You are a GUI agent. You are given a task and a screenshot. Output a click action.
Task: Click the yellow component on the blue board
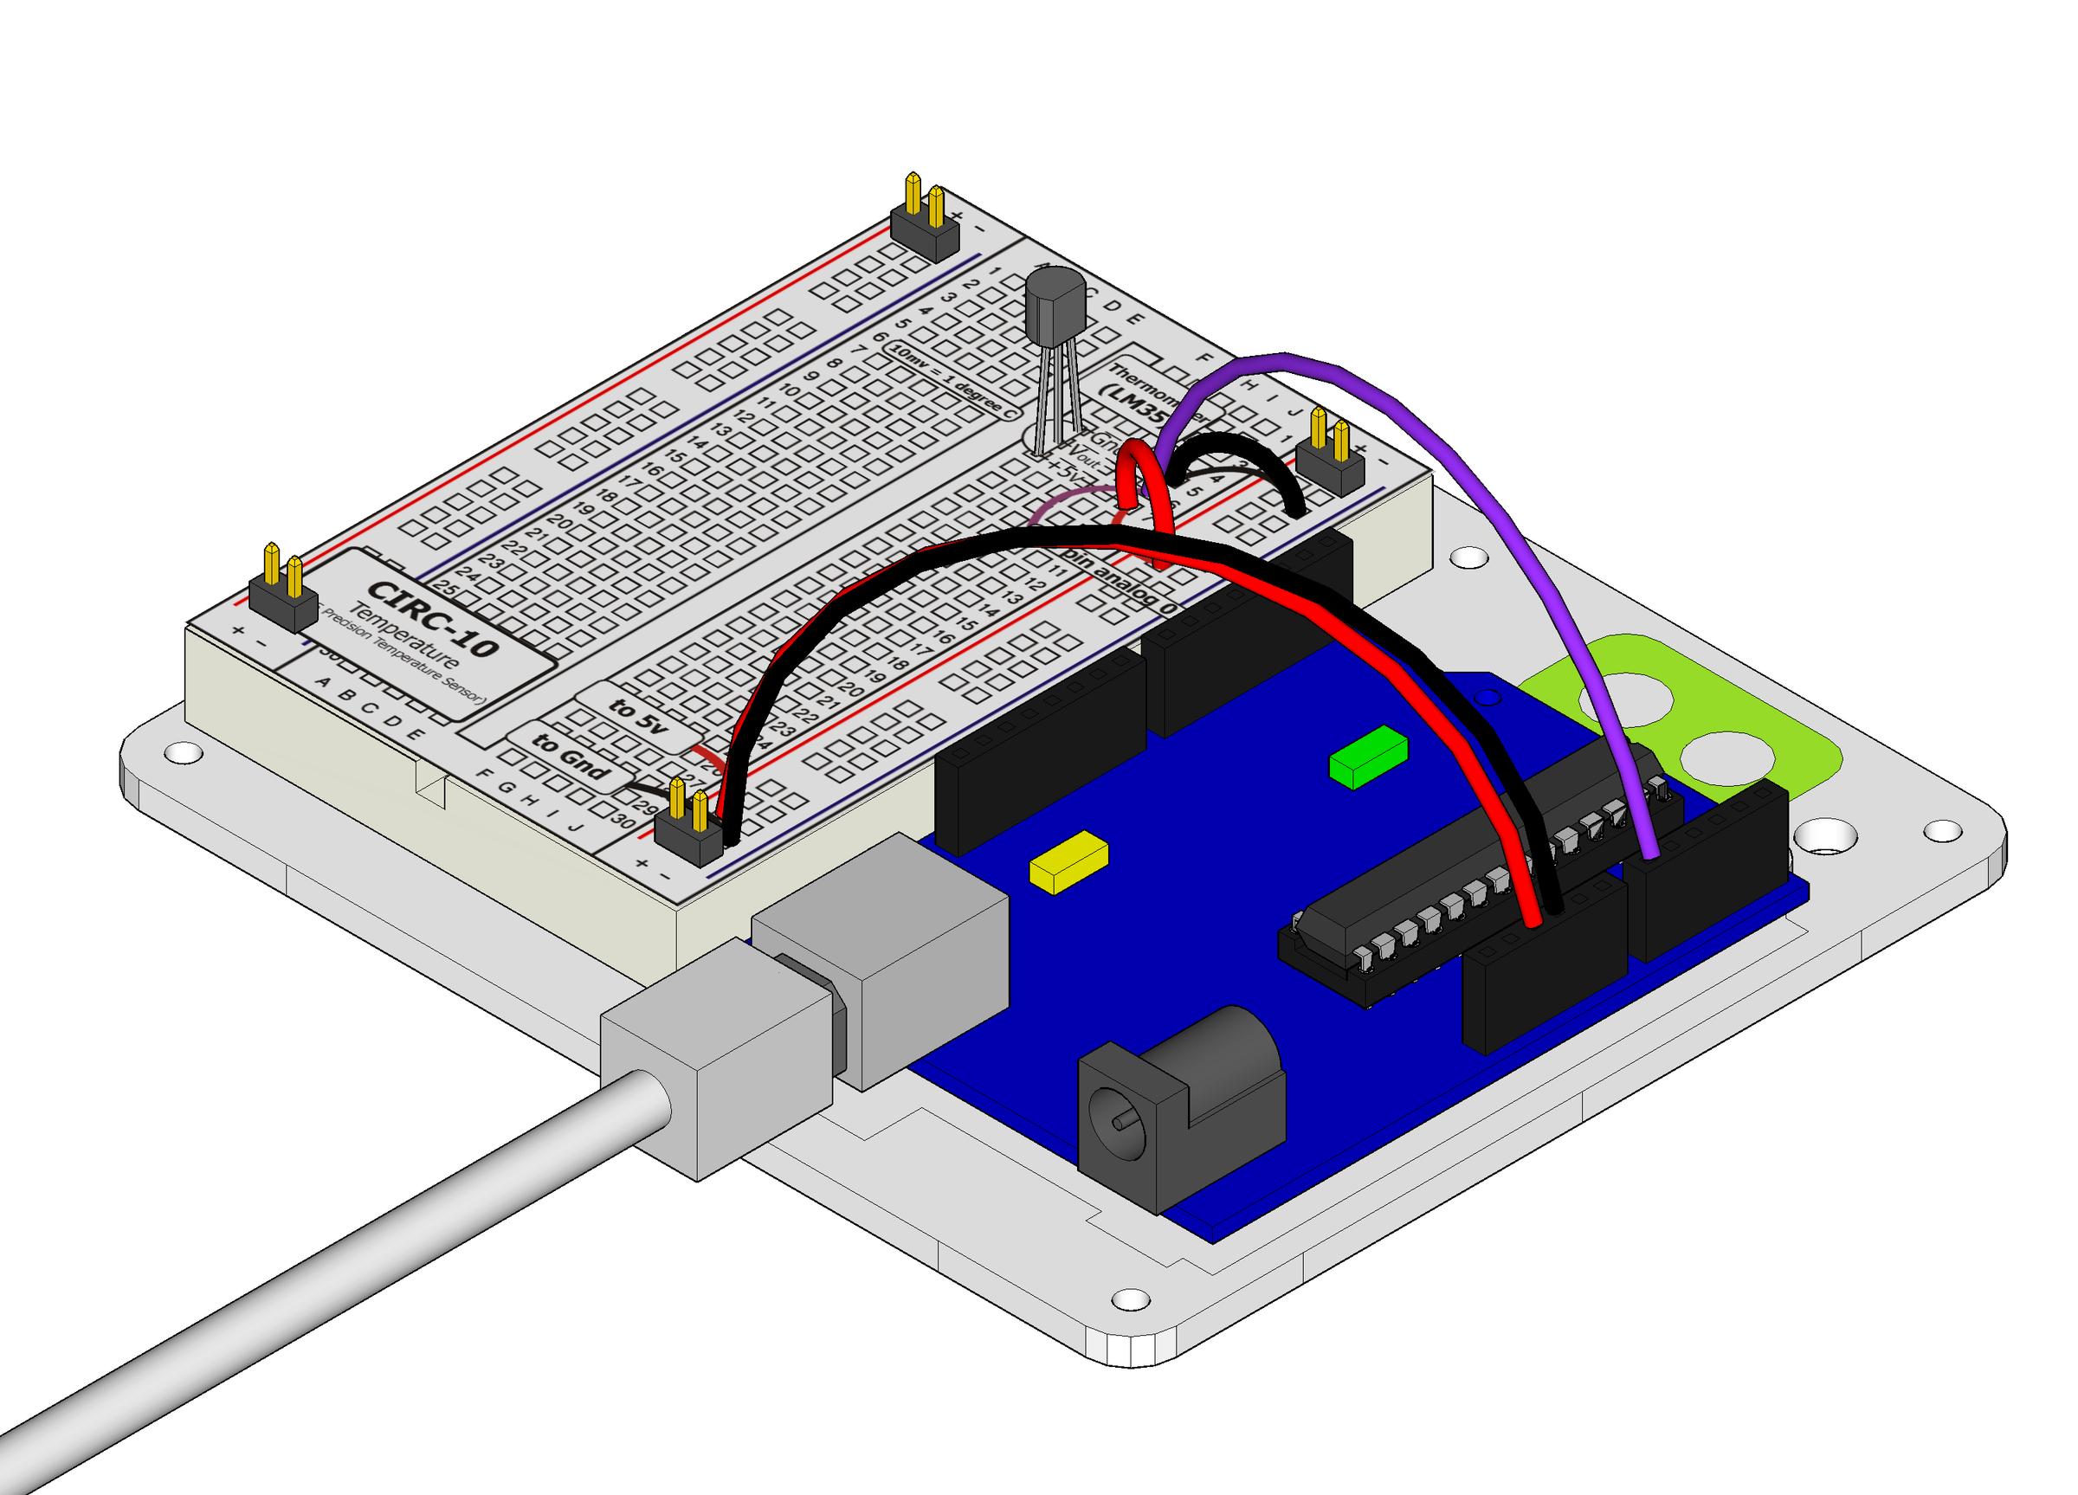pos(1068,861)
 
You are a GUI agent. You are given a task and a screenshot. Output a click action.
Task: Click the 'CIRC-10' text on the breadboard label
pos(434,619)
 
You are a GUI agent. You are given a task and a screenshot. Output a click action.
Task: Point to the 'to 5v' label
pos(638,715)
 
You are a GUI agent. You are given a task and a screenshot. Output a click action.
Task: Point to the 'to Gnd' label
pos(570,756)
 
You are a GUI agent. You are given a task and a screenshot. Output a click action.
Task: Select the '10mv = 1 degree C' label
pos(954,381)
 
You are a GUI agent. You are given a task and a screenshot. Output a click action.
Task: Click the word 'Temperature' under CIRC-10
pos(404,635)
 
